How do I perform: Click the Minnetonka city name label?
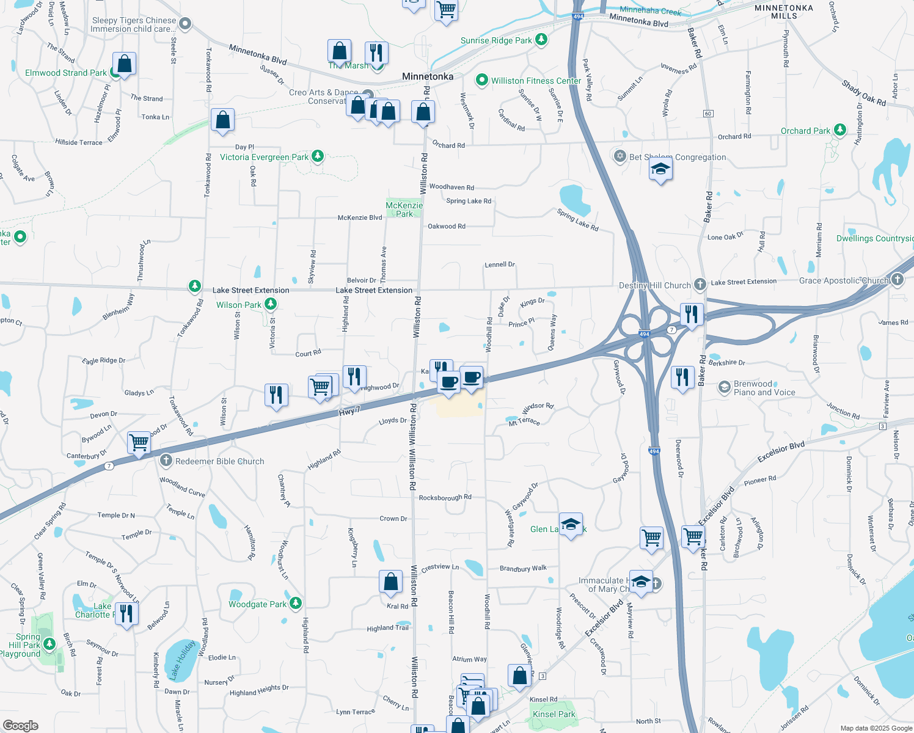point(428,76)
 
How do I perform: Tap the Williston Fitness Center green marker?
point(482,80)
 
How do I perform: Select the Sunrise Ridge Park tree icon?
point(541,40)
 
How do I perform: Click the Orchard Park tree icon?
point(840,130)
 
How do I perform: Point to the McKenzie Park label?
point(404,210)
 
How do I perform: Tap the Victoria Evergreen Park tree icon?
point(318,156)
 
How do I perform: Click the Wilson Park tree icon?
point(271,304)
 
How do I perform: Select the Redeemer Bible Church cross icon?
point(166,461)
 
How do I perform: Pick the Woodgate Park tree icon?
point(296,604)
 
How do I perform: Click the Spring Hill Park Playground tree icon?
point(50,644)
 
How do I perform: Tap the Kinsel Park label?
point(554,714)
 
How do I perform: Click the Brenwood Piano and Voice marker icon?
point(725,387)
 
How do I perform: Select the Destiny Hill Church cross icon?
point(700,285)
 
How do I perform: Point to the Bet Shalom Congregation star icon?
point(620,156)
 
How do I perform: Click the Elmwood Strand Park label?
point(66,73)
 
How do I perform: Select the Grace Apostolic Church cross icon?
point(897,280)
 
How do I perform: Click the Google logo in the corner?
point(21,726)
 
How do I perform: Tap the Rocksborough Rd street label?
point(445,497)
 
